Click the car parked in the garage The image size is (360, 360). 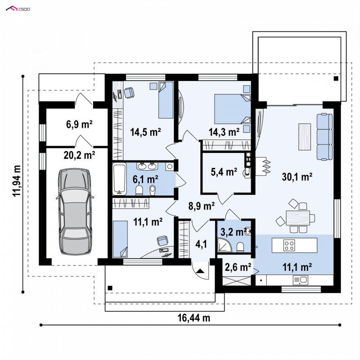pos(75,211)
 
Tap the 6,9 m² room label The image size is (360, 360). pos(79,125)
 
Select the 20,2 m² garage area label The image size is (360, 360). pos(79,155)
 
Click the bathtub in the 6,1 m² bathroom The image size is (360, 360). pos(119,179)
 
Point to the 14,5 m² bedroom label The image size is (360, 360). pos(145,132)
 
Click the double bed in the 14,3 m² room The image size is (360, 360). pos(232,109)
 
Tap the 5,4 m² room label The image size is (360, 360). pos(224,172)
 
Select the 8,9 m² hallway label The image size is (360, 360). pos(201,206)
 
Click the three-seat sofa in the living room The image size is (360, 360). pos(324,136)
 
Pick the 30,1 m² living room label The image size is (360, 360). pos(297,177)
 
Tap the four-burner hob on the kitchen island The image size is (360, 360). pos(289,245)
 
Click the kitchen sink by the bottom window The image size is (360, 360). pos(301,280)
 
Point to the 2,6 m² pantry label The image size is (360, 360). pos(238,267)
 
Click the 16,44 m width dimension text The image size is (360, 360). pos(194,318)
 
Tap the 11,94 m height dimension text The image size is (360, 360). pos(17,181)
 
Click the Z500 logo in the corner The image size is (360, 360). pos(18,9)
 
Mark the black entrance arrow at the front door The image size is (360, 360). pos(200,271)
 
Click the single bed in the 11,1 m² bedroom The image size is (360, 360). pos(120,239)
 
